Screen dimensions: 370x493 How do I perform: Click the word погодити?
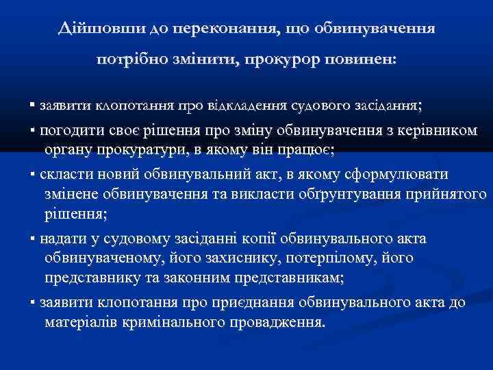tap(70, 132)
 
